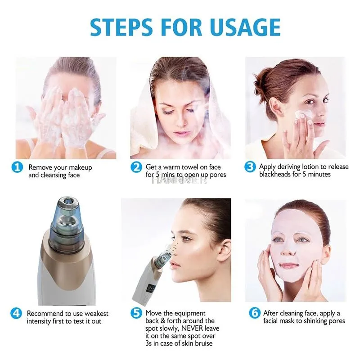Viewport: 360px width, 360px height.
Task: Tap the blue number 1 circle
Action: coord(17,167)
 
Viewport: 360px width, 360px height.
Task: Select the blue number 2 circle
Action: coord(136,167)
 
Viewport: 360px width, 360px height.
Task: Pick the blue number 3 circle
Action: coord(251,167)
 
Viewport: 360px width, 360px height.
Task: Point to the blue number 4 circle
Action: coord(17,313)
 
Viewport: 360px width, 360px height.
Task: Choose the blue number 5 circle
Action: coord(136,313)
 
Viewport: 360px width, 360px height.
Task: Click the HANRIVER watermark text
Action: coord(179,180)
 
